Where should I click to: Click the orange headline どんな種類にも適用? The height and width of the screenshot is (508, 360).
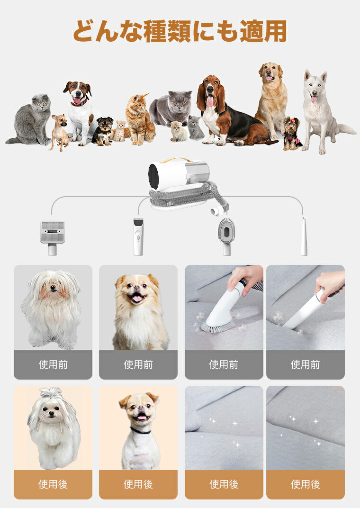pos(180,31)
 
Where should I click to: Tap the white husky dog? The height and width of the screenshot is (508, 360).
pos(321,112)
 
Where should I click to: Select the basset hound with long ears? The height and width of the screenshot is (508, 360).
pos(230,113)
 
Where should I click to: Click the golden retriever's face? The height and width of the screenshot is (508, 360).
pos(270,73)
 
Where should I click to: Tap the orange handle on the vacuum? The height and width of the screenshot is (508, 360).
pos(178,160)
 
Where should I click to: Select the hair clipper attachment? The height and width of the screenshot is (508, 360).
pos(138,236)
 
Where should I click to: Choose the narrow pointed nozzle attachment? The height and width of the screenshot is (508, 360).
pos(304,236)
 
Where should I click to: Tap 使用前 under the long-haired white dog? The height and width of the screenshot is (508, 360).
pos(53,365)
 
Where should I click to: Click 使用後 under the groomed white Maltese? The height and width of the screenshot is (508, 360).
pos(53,484)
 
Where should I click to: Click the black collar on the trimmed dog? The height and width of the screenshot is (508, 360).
pos(140,431)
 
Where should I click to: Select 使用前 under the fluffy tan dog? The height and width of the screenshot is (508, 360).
pos(138,365)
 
